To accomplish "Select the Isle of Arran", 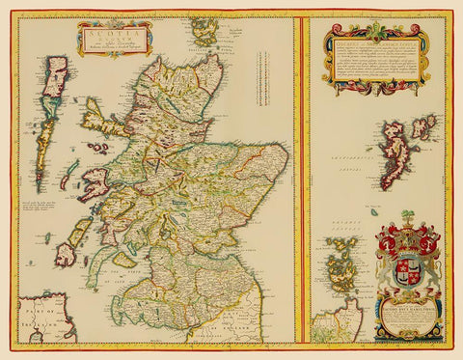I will (x=124, y=259).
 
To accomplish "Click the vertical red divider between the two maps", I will (x=301, y=180).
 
